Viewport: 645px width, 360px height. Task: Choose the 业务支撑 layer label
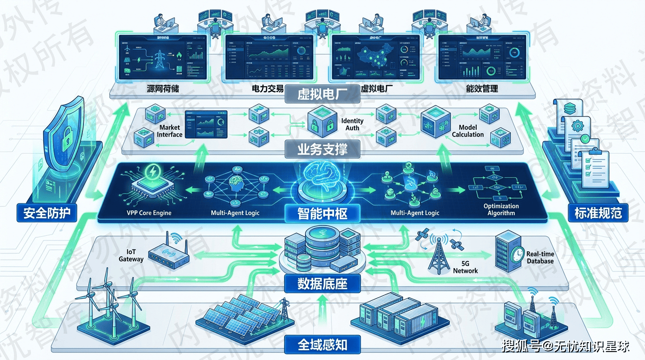(322, 149)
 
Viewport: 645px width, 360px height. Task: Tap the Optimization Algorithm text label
(501, 210)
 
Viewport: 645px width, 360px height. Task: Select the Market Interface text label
(170, 131)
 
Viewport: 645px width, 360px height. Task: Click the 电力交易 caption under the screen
(254, 89)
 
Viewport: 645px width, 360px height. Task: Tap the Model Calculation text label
(468, 131)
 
